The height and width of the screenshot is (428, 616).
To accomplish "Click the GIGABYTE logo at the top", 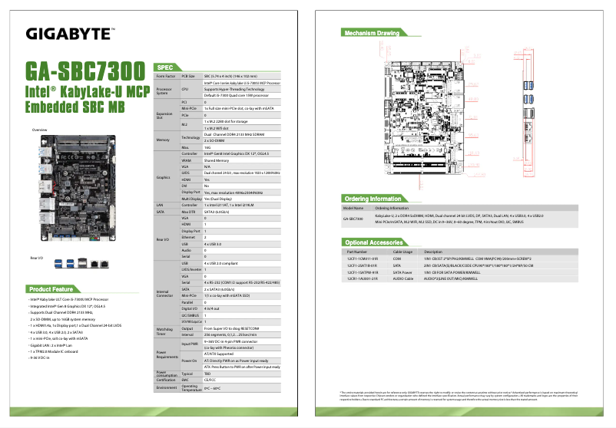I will pyautogui.click(x=70, y=33).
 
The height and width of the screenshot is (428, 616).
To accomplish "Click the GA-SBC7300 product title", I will pyautogui.click(x=85, y=70).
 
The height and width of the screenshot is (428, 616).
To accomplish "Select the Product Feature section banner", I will pyautogui.click(x=51, y=289).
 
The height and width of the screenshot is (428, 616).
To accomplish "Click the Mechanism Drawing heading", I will pyautogui.click(x=372, y=34).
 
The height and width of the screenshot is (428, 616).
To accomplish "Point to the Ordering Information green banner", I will pyautogui.click(x=373, y=199).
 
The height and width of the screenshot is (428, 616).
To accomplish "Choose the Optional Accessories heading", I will pyautogui.click(x=374, y=242).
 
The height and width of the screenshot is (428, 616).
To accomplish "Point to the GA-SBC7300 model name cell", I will pyautogui.click(x=353, y=219).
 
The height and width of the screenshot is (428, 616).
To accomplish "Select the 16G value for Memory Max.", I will pyautogui.click(x=207, y=147).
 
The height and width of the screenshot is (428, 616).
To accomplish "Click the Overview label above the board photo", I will pyautogui.click(x=39, y=130).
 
